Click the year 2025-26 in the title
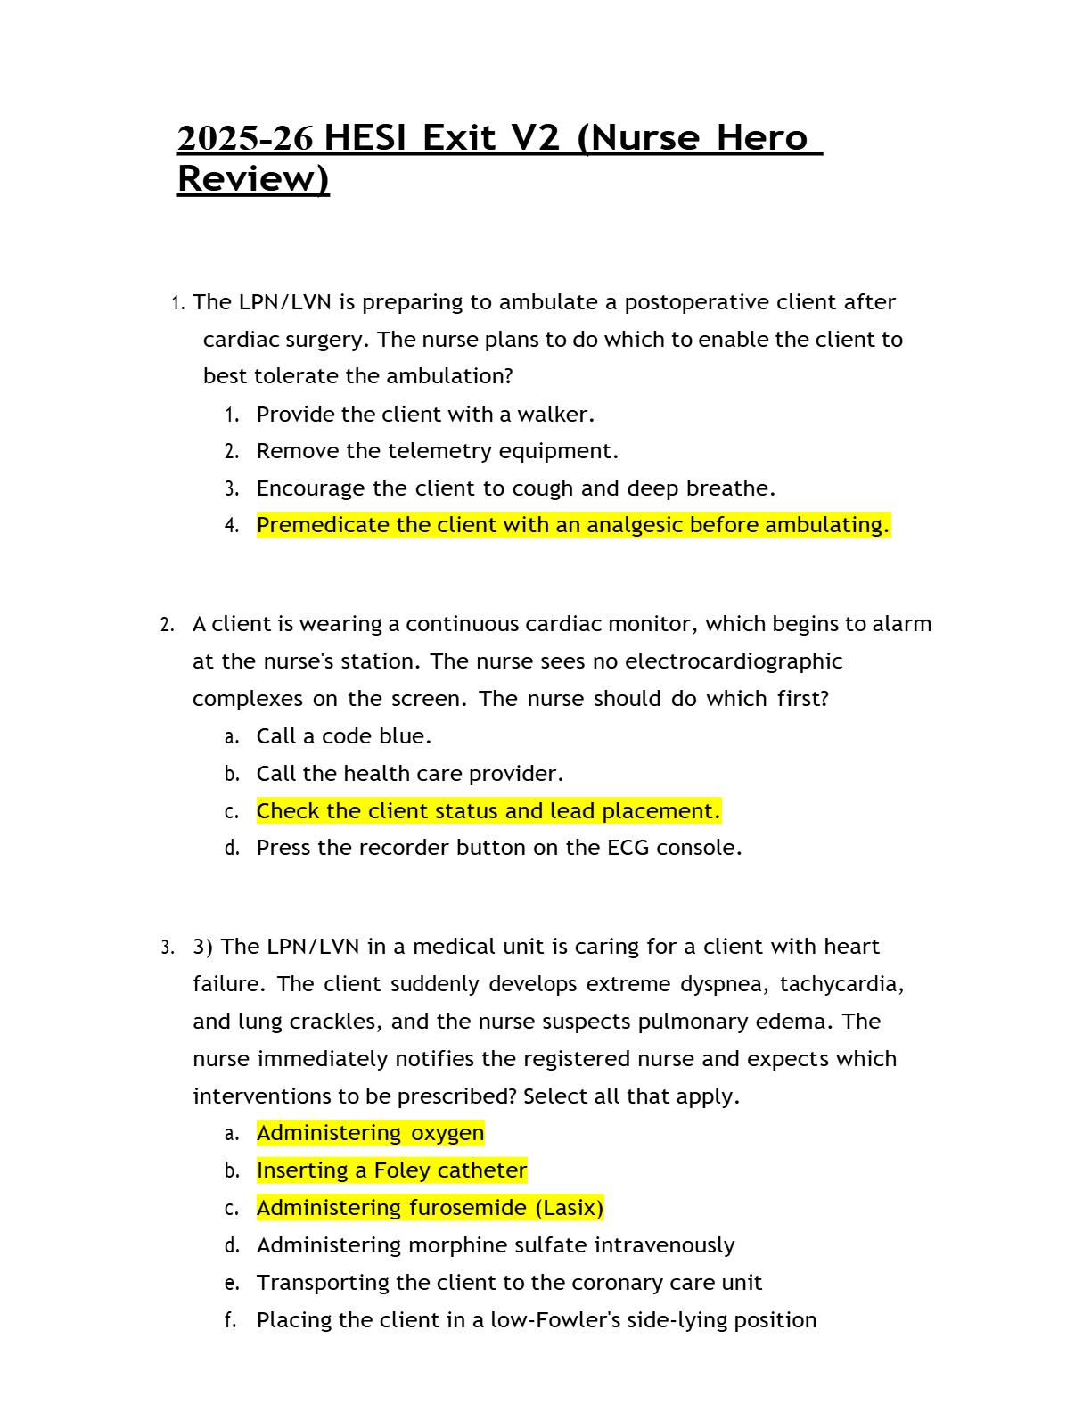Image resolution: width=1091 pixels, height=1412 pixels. tap(245, 138)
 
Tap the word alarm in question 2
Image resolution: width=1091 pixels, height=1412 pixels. tap(901, 624)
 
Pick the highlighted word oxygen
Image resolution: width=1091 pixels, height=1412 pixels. tap(447, 1134)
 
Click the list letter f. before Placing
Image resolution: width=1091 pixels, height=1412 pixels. tap(231, 1320)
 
